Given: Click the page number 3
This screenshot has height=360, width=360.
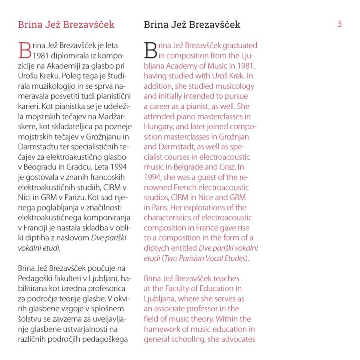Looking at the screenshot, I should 339,24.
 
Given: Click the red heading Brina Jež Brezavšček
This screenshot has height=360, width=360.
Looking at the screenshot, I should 66,25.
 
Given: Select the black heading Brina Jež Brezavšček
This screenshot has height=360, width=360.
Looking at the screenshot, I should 192,25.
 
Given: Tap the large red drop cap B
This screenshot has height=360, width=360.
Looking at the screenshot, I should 24,50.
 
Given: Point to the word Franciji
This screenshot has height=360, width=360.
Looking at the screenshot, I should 38,228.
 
